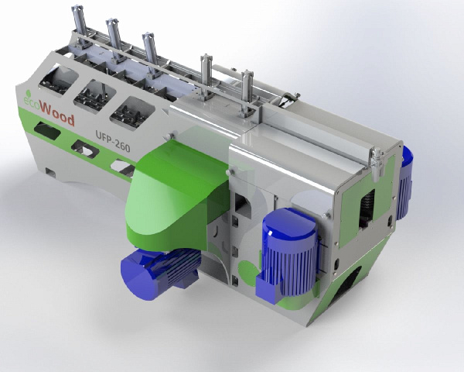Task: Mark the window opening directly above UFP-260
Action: [x=129, y=109]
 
